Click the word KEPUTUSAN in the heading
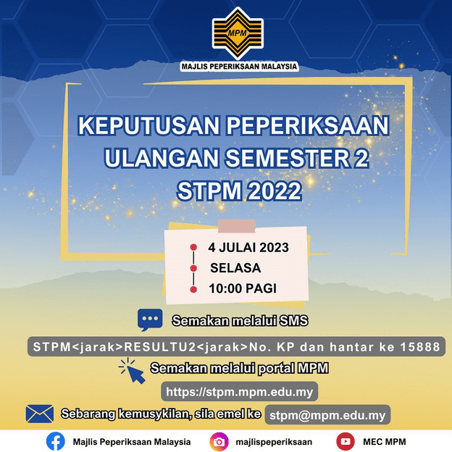(147, 125)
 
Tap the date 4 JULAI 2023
(248, 248)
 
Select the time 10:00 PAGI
(243, 288)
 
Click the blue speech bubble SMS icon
(150, 319)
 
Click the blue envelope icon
(40, 414)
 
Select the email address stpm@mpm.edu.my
(327, 415)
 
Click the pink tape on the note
(231, 226)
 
